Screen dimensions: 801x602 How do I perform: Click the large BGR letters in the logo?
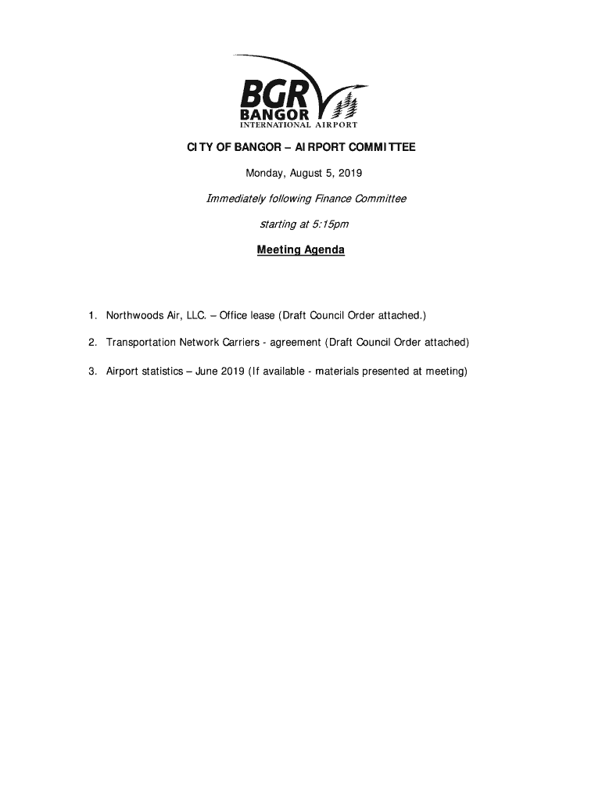pos(274,94)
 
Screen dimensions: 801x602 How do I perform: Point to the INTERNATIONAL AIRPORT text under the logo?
pos(299,125)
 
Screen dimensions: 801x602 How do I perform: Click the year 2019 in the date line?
pos(349,172)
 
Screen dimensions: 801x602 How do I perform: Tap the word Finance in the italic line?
pos(334,199)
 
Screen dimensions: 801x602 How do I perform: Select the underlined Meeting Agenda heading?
pos(301,250)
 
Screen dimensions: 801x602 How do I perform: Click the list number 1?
pos(91,316)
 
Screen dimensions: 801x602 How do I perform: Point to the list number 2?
pos(91,343)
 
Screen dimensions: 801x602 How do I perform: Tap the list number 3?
pos(91,372)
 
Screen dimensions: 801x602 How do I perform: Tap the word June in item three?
pos(207,372)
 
